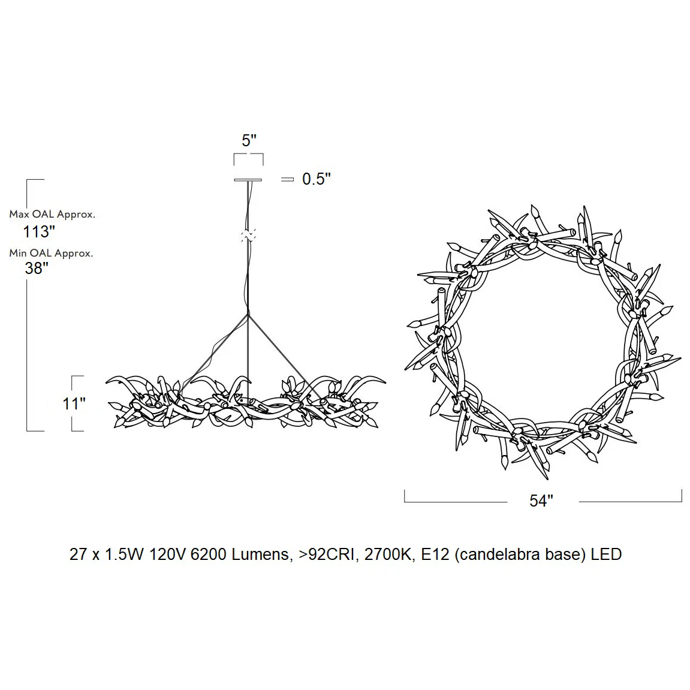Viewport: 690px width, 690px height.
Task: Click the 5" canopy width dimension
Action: [249, 141]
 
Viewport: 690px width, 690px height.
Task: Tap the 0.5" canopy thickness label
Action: [317, 179]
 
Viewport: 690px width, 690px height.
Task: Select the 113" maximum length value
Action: [39, 231]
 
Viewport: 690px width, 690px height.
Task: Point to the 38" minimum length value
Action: [37, 268]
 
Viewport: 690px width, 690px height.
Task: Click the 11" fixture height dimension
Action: [74, 403]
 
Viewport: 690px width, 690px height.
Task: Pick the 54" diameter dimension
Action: [541, 501]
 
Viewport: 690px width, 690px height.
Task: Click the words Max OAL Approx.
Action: [52, 214]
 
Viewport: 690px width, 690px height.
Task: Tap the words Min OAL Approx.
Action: [51, 253]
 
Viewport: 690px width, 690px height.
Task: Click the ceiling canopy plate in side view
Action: [248, 179]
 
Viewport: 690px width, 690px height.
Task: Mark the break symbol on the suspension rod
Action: [249, 236]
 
